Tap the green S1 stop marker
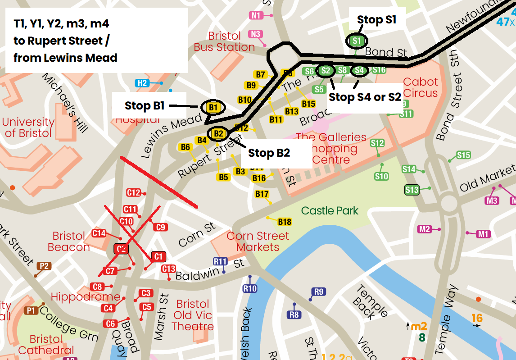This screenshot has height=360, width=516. (x=357, y=41)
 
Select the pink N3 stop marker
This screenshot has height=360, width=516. (x=255, y=34)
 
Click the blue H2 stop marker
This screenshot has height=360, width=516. (x=142, y=83)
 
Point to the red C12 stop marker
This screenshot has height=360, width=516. (x=133, y=193)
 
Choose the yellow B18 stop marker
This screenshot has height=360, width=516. (x=285, y=222)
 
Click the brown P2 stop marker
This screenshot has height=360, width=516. (x=44, y=266)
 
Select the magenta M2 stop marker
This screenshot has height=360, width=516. (x=425, y=229)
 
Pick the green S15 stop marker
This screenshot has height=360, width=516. (x=463, y=155)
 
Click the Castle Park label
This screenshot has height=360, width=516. (x=330, y=210)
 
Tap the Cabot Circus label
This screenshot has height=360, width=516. (x=420, y=87)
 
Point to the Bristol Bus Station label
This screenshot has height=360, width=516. (x=224, y=41)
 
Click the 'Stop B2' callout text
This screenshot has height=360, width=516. (x=269, y=153)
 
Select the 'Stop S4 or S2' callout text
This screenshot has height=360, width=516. (x=365, y=97)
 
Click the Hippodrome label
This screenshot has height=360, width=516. (x=86, y=297)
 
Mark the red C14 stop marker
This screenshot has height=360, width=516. (x=99, y=233)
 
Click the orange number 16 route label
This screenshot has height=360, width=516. (x=477, y=319)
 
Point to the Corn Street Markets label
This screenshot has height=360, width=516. (x=258, y=242)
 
